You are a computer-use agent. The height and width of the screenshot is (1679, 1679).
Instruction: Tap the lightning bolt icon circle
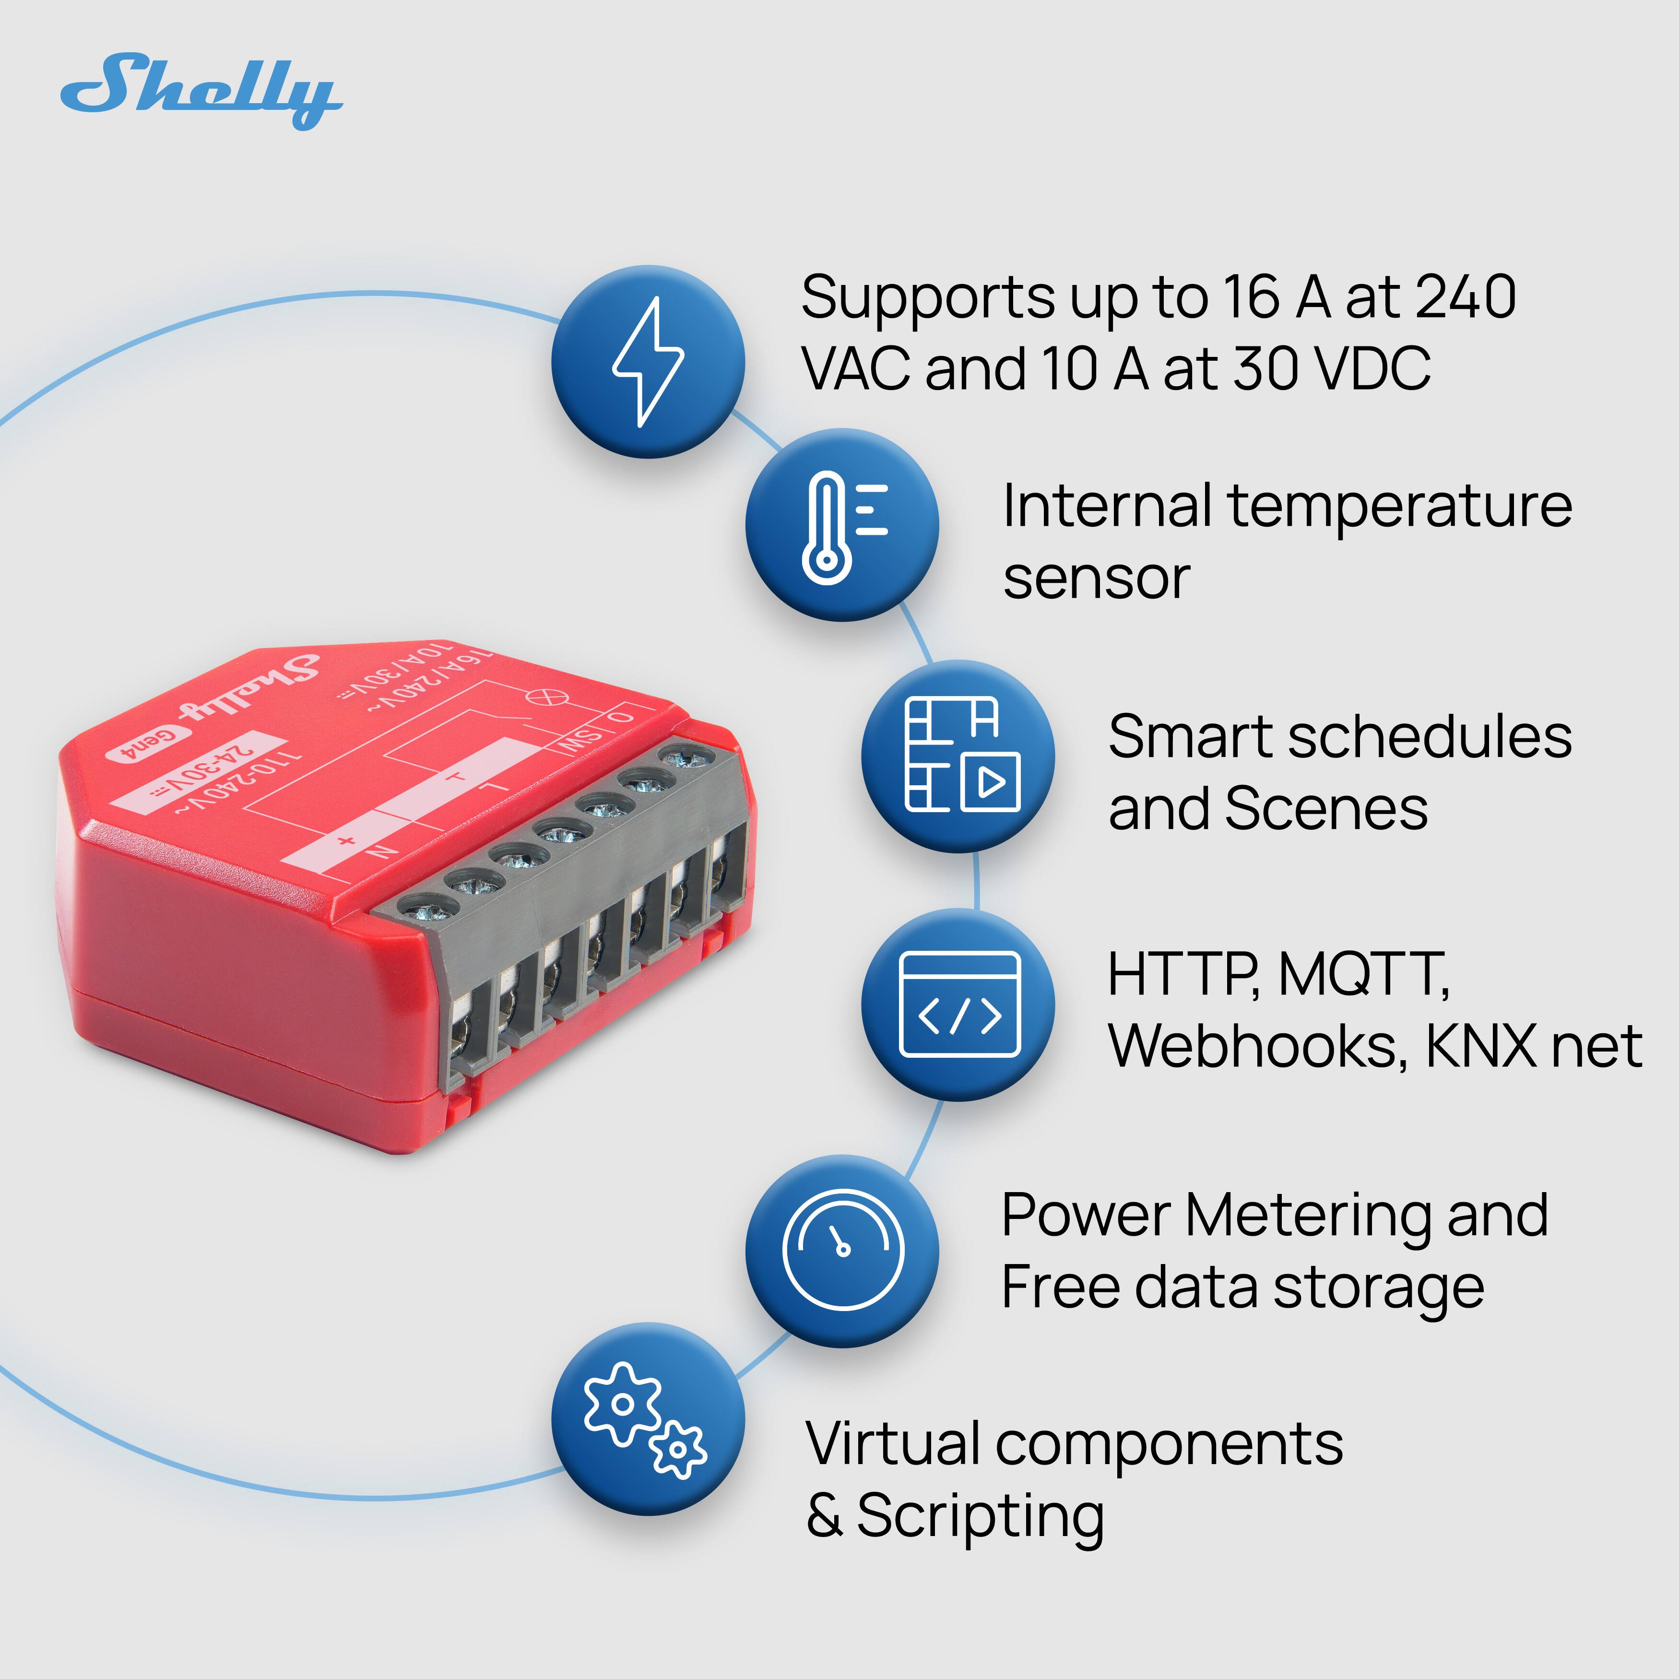tap(648, 362)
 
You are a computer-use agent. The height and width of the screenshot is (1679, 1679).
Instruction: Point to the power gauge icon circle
tap(842, 1252)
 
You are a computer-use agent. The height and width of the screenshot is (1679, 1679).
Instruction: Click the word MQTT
tap(1363, 974)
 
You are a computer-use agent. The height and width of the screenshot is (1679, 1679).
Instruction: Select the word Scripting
tap(980, 1516)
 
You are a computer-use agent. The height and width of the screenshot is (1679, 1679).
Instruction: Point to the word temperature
tap(1400, 507)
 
